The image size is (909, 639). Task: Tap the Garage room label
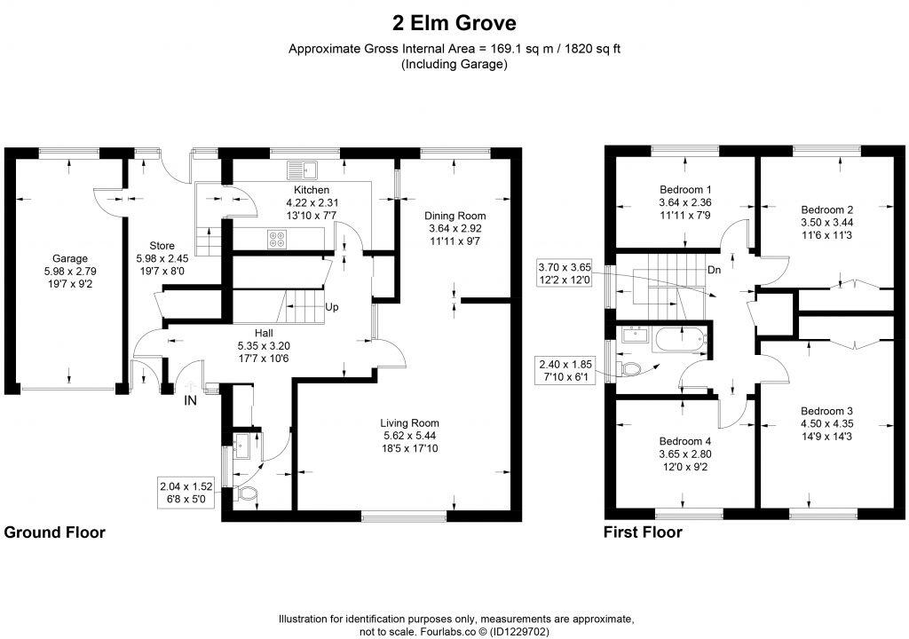tap(70, 259)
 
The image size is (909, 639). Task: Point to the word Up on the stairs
tap(332, 307)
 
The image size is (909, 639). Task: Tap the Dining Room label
tap(454, 216)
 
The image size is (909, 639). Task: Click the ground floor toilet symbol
tap(247, 493)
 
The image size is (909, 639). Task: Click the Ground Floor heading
tap(55, 532)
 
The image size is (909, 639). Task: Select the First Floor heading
tap(643, 532)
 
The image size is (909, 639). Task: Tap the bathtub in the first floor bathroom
tap(679, 339)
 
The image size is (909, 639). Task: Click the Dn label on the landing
tap(713, 270)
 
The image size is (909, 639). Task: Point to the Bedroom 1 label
tap(685, 190)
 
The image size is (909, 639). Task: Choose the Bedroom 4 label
tap(685, 441)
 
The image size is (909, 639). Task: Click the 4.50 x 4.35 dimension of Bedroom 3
tap(826, 423)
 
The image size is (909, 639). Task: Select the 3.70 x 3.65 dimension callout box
tap(569, 272)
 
